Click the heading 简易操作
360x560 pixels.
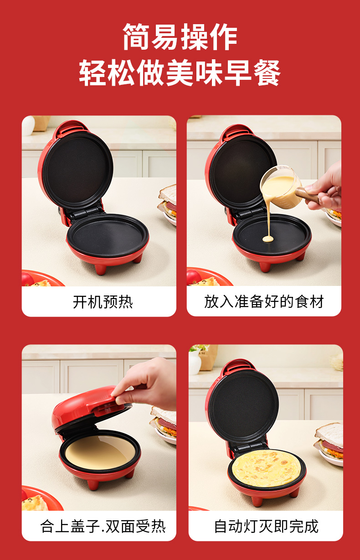click(180, 37)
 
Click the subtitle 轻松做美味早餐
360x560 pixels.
click(180, 73)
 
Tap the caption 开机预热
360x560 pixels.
click(103, 302)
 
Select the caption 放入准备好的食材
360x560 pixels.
click(264, 301)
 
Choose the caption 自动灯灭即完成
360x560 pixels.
click(266, 526)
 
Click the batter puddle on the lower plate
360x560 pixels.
click(268, 239)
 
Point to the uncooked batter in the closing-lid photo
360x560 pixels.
click(100, 452)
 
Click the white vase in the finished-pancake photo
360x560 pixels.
click(195, 363)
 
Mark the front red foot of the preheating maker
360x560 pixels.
click(101, 270)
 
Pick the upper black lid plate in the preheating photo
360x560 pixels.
click(77, 170)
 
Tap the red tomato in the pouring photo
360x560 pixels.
click(193, 277)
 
